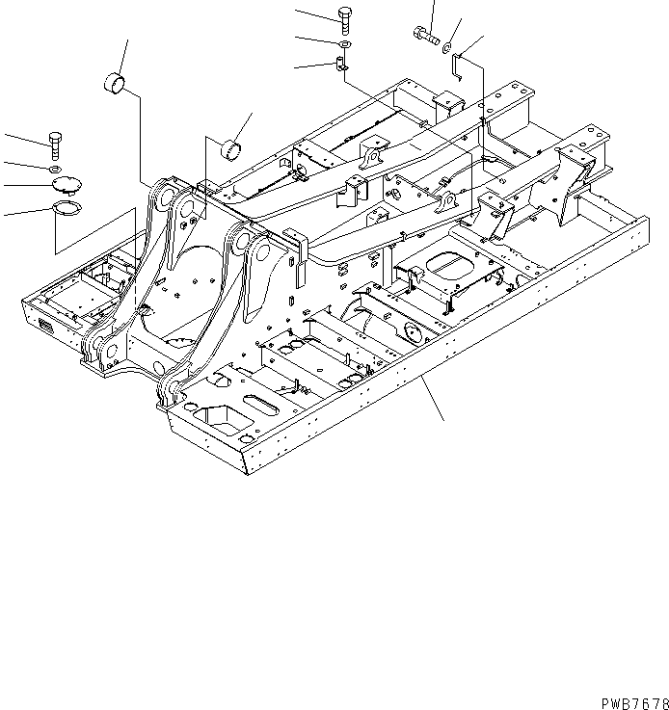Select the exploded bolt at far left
pos(54,145)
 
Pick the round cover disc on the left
pos(66,185)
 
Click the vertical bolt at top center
pos(345,18)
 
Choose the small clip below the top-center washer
pos(342,66)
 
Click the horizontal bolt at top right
pos(426,38)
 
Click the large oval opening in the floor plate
pos(446,262)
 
